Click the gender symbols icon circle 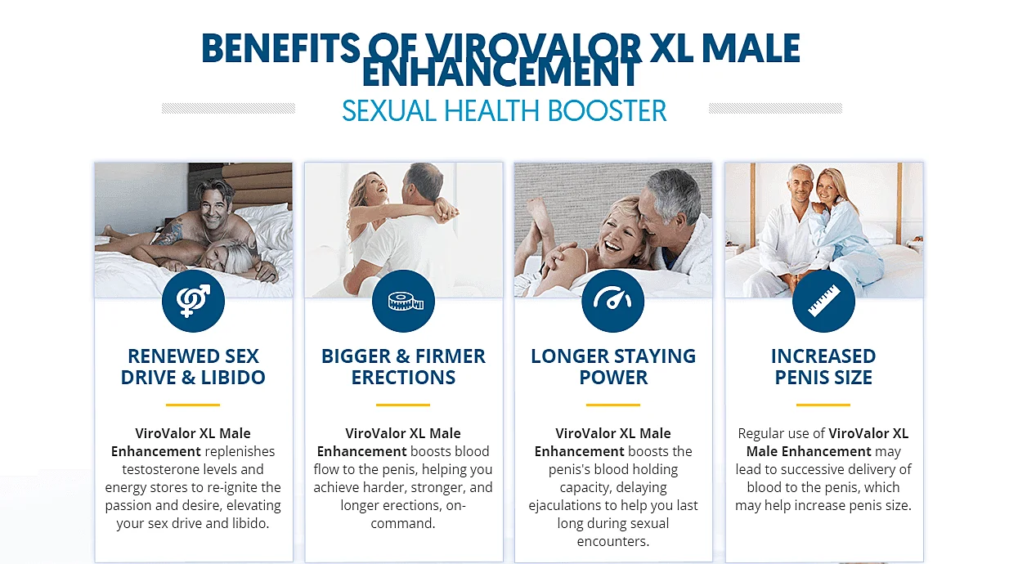point(193,301)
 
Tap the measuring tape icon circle point(403,301)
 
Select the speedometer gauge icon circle point(613,301)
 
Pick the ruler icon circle point(823,301)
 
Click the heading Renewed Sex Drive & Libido point(193,367)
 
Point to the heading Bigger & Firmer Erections point(403,367)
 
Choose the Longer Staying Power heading point(613,367)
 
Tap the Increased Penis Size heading point(823,367)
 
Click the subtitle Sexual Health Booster point(505,111)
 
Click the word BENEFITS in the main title point(280,48)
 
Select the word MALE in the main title point(751,48)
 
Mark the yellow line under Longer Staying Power point(613,405)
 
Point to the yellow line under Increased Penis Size point(823,405)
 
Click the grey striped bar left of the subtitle point(229,108)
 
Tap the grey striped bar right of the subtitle point(775,108)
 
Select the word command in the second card point(401,524)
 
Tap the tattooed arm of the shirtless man point(169,233)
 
